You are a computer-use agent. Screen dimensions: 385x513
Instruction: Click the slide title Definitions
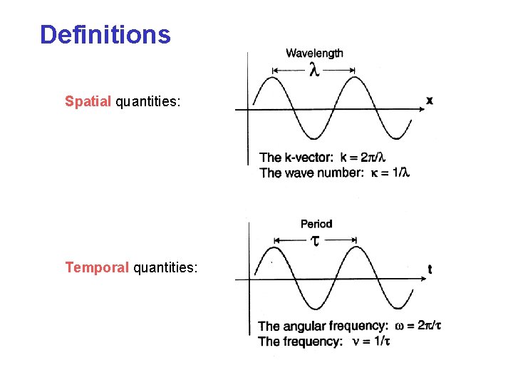click(x=105, y=34)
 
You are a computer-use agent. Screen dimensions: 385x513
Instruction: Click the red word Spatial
click(x=88, y=101)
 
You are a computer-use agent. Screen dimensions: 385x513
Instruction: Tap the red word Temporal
click(x=97, y=267)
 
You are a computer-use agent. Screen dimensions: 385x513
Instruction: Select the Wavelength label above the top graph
click(x=314, y=53)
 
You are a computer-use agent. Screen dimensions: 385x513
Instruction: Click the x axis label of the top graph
click(x=430, y=101)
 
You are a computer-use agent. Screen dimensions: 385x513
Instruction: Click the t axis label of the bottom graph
click(x=430, y=269)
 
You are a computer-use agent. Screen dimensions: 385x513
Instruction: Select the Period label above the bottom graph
click(x=316, y=224)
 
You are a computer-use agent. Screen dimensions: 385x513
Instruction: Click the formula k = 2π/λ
click(x=363, y=158)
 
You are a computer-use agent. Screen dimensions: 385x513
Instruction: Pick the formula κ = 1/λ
click(x=389, y=173)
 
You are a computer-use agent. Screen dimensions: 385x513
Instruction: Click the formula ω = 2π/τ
click(x=418, y=326)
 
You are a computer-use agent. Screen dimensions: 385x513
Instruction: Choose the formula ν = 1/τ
click(x=373, y=342)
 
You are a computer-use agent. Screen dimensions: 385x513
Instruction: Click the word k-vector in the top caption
click(x=308, y=158)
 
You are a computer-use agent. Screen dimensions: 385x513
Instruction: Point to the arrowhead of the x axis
click(x=418, y=110)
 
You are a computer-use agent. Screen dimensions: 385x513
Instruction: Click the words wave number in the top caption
click(x=323, y=173)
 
